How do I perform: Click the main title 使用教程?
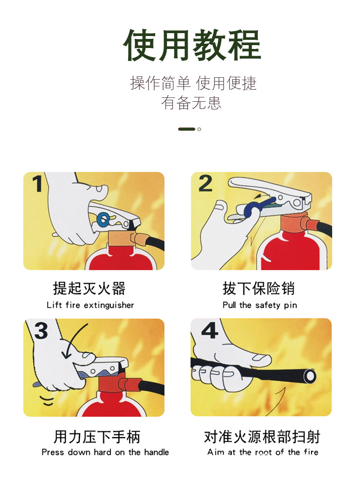[x=192, y=46]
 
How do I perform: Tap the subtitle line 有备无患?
[x=191, y=103]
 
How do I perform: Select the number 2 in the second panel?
[x=205, y=183]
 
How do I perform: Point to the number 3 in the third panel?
[x=41, y=331]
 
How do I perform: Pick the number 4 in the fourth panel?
[x=209, y=330]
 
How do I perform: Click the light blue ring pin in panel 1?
[x=103, y=219]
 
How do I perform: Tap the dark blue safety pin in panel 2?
[x=251, y=210]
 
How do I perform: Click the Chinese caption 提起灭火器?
[x=89, y=288]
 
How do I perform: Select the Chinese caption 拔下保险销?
[x=259, y=288]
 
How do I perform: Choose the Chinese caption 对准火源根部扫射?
[x=262, y=437]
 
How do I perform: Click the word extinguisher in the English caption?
[x=109, y=305]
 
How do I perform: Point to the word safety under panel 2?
[x=271, y=305]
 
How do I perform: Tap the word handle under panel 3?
[x=156, y=452]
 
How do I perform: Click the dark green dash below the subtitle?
[x=186, y=129]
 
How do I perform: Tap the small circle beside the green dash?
[x=199, y=129]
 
